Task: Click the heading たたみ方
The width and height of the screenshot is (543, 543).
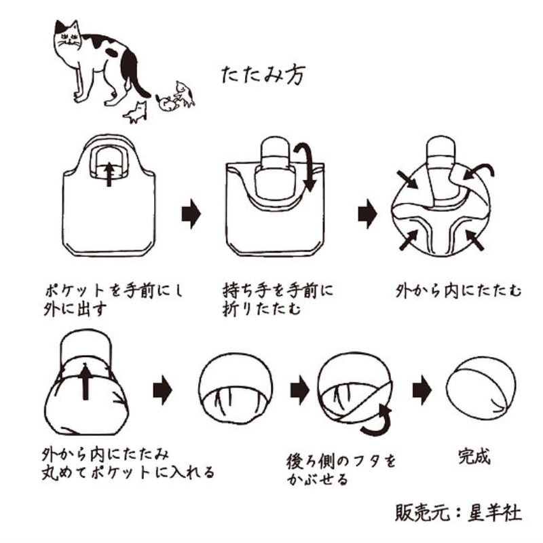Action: [263, 75]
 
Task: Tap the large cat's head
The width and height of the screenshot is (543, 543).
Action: [68, 37]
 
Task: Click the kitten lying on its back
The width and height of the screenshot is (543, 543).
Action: [167, 103]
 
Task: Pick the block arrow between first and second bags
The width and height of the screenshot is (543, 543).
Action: [191, 214]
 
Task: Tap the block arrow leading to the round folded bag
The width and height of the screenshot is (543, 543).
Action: [367, 214]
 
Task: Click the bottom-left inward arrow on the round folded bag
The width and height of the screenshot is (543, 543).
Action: [409, 240]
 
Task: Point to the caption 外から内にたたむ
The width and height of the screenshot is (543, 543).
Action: [458, 291]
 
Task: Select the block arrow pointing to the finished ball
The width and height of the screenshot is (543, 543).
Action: [422, 390]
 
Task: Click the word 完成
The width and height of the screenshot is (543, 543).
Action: [474, 456]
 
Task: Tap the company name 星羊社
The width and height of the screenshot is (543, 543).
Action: [495, 513]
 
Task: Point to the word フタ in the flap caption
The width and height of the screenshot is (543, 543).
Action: [362, 462]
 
